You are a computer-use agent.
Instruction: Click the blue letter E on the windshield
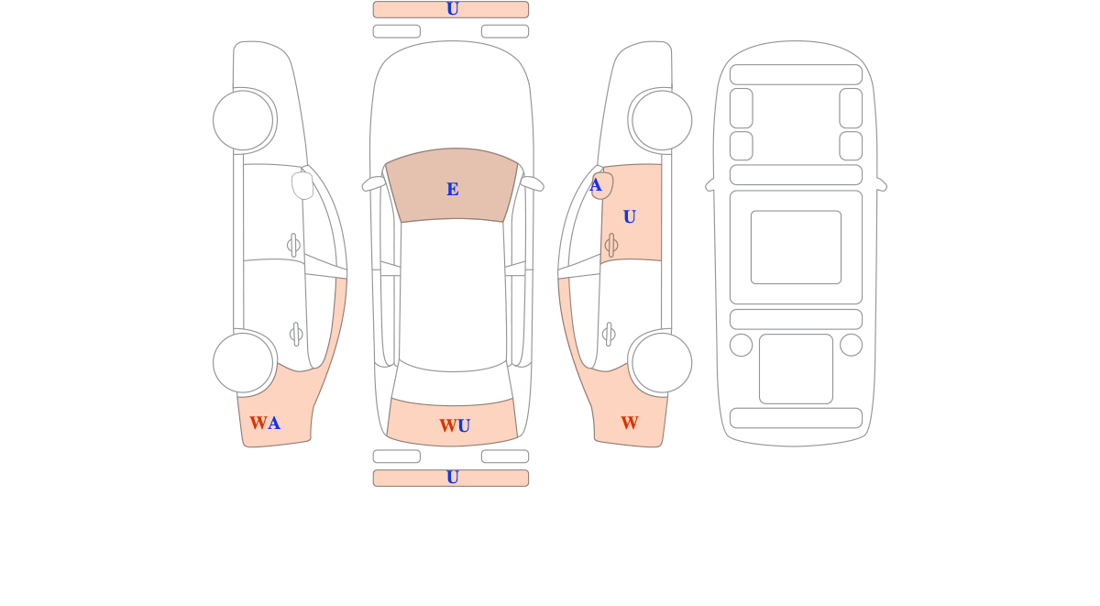point(452,189)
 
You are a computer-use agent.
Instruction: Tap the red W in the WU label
point(448,425)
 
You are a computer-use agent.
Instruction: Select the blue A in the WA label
point(274,423)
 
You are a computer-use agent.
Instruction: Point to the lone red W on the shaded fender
point(630,423)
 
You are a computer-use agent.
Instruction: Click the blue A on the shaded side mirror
point(596,185)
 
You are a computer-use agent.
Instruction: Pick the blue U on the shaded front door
point(630,216)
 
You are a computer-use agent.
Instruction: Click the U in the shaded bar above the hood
point(452,9)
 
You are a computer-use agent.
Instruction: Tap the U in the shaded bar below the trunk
point(452,478)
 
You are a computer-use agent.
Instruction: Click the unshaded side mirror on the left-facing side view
point(302,185)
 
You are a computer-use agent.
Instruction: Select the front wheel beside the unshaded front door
point(243,120)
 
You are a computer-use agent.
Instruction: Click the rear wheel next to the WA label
point(243,363)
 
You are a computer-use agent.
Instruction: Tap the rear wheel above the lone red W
point(662,363)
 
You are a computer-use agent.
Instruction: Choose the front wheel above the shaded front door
point(662,120)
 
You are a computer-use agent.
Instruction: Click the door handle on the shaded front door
point(611,245)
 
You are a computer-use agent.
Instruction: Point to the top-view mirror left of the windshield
point(373,183)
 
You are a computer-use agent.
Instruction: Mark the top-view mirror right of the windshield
point(533,183)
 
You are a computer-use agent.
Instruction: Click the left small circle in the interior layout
point(741,345)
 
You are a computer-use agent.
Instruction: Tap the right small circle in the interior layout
point(851,345)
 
